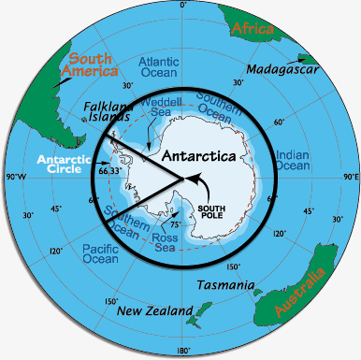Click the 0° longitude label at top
[182, 7]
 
